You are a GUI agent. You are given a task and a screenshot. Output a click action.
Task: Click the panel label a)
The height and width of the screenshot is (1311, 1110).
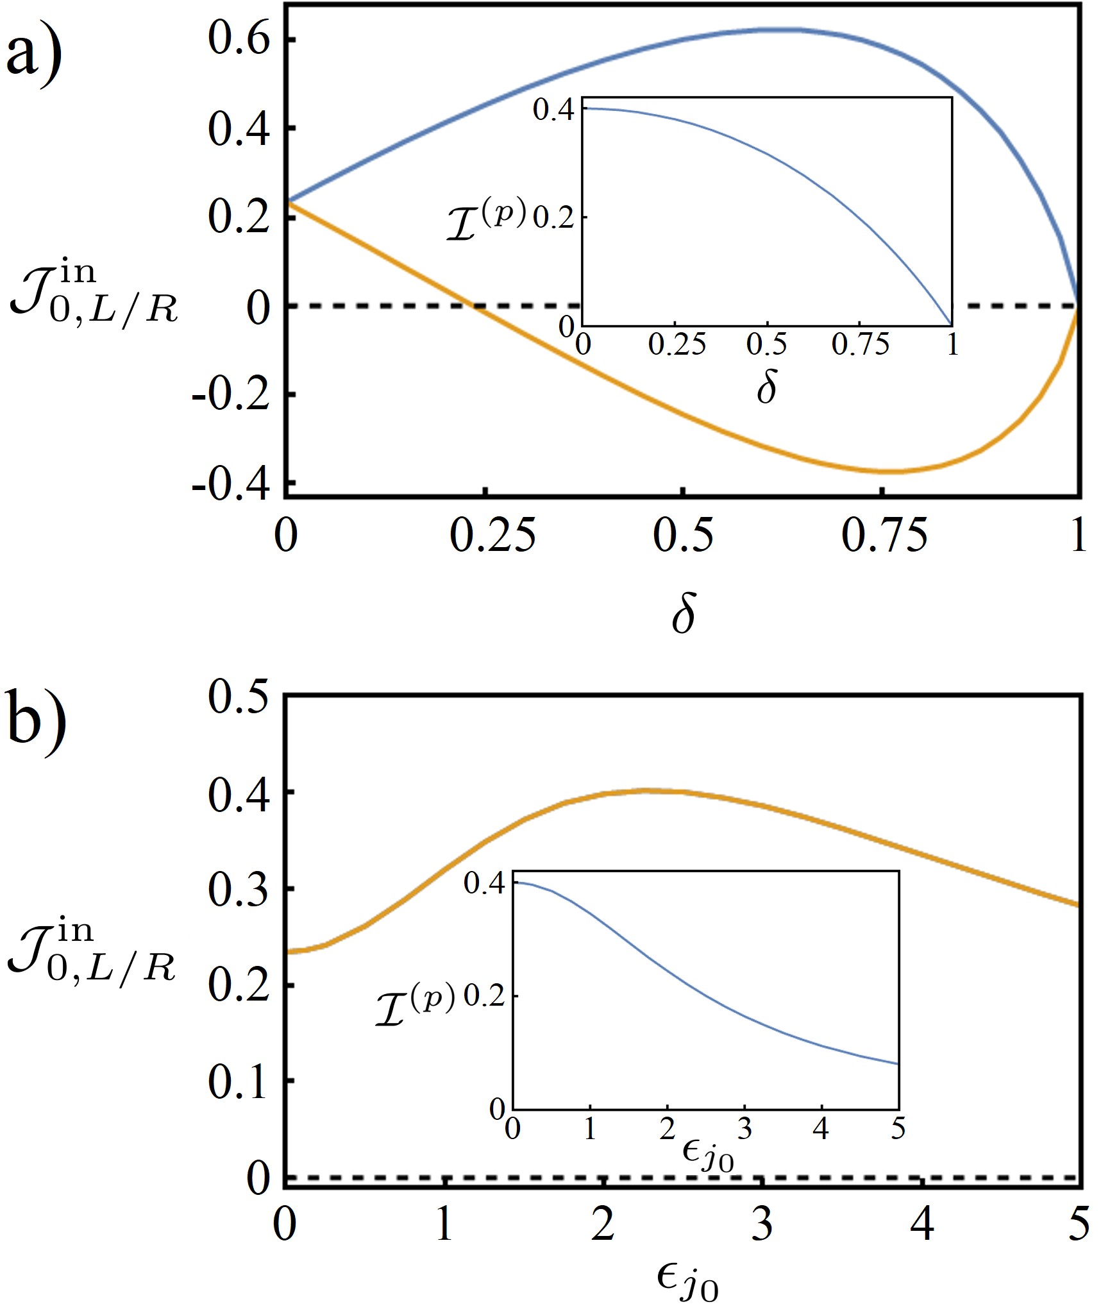33,55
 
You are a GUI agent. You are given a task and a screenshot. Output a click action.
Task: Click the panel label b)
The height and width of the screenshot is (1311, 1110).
36,721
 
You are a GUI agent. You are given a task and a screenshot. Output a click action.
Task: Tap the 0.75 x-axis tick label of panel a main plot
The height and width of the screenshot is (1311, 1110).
884,535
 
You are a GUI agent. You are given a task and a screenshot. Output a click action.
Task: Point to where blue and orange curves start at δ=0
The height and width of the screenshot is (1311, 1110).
287,202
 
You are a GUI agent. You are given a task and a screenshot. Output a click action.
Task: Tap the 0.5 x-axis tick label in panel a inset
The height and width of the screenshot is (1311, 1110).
767,344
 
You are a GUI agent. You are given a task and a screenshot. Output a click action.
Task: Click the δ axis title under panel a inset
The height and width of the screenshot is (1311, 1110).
767,387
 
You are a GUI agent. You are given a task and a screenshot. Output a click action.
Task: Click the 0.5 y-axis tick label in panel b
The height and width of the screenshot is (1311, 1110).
239,695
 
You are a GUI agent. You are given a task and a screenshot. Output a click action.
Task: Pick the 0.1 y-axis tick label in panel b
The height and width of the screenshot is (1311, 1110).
239,1081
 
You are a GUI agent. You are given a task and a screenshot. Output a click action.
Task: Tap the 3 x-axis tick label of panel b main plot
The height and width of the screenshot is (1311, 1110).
762,1224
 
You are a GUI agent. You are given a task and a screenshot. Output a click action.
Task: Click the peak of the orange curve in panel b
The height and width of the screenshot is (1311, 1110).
648,791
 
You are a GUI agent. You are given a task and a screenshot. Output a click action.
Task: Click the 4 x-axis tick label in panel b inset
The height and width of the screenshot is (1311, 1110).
821,1128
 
